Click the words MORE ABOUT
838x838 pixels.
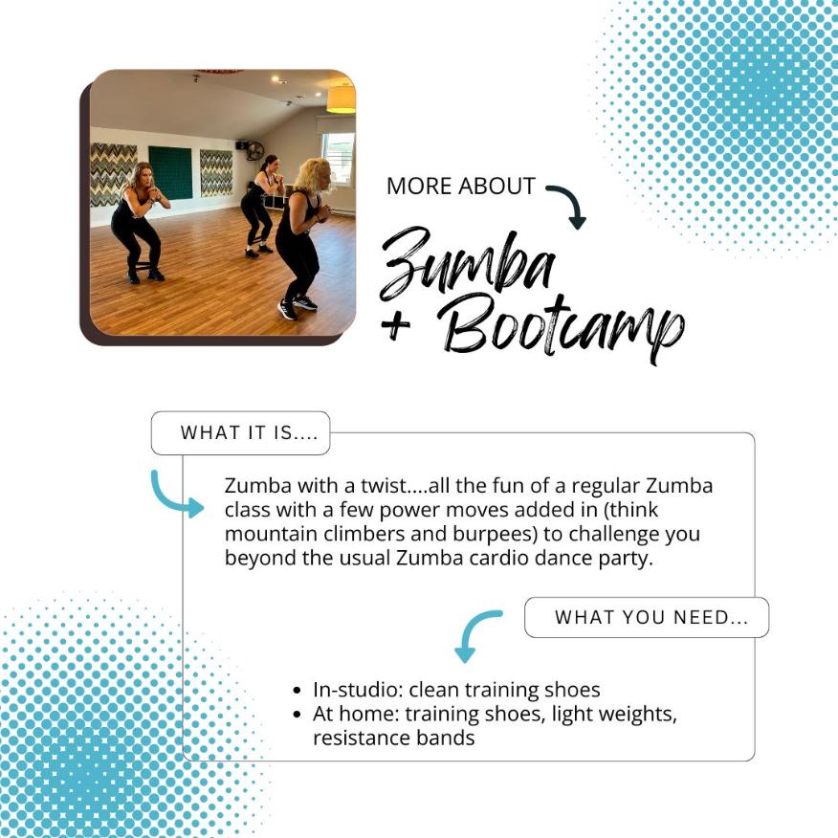(461, 186)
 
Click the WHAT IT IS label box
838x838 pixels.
(240, 433)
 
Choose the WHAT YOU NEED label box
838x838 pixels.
(647, 617)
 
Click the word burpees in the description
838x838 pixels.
(495, 535)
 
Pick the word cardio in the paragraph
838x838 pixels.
(498, 558)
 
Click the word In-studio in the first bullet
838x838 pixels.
(358, 690)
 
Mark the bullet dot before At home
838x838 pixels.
(298, 714)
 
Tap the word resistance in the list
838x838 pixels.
(362, 739)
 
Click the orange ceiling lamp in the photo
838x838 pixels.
(341, 99)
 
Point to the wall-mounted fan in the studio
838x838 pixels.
(254, 151)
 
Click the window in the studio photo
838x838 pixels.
(339, 158)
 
